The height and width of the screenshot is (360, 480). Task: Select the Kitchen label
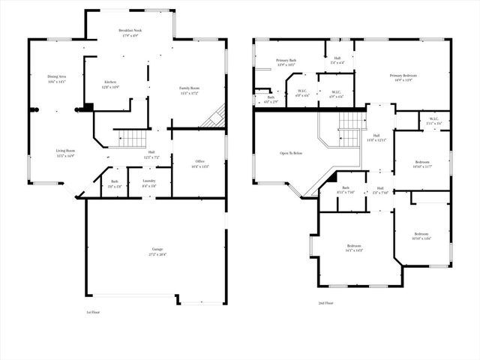pos(109,81)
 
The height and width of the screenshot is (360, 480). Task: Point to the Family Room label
pos(189,88)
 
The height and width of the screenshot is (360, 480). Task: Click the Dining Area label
pos(57,76)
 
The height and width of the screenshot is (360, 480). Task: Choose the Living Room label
pos(65,151)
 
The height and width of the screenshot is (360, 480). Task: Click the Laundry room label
pos(149,181)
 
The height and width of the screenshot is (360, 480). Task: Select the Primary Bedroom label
pos(403,76)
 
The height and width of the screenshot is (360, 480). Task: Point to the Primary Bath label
pos(286,60)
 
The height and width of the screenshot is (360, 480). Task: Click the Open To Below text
pos(291,153)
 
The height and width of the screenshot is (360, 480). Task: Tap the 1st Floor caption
pos(93,312)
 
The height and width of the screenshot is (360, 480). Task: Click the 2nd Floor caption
pos(325,304)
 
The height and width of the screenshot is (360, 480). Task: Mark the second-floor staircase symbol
pos(352,120)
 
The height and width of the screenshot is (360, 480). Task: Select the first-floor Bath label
pos(115,181)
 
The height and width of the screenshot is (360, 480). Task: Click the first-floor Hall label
pos(151,152)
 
